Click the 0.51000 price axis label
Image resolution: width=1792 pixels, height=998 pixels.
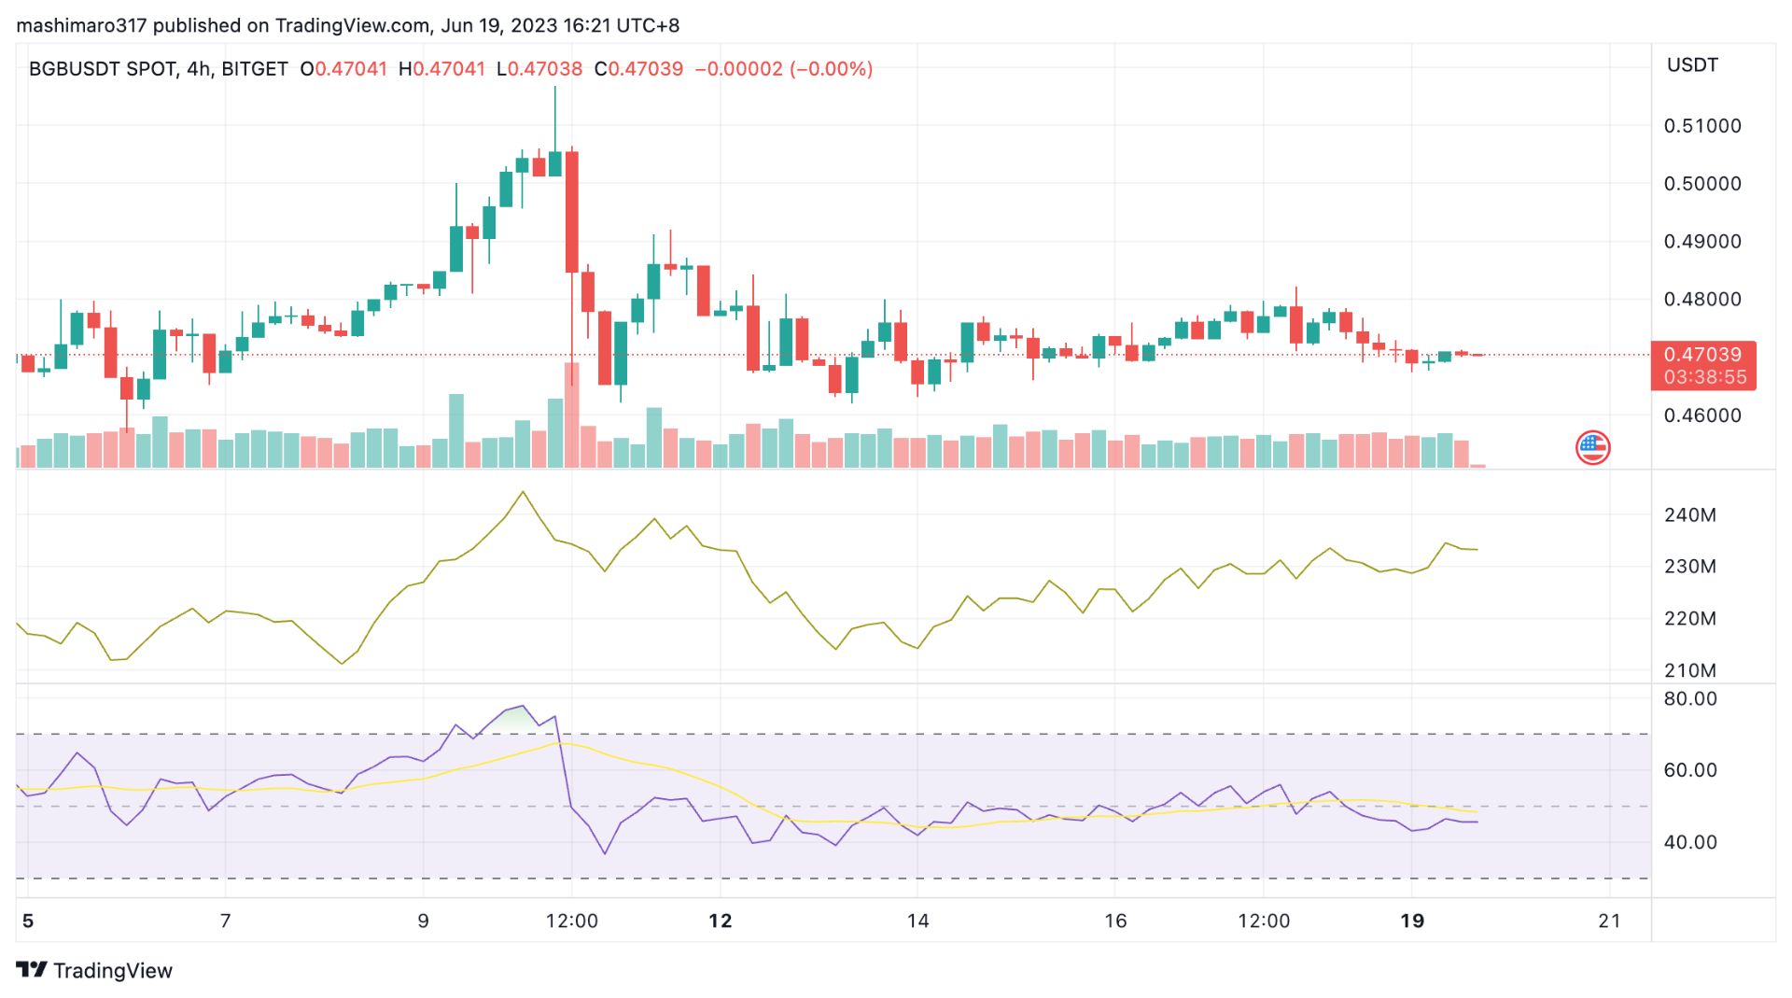tap(1701, 126)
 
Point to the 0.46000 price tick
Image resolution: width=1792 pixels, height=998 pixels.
tap(1701, 415)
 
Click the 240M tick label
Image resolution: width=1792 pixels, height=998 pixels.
tap(1689, 515)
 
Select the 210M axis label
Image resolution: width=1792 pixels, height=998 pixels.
tap(1689, 670)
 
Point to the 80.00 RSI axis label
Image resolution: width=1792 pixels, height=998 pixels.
tap(1689, 699)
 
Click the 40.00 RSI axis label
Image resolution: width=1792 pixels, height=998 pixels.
tap(1689, 842)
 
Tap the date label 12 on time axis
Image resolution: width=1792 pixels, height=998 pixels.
tap(720, 921)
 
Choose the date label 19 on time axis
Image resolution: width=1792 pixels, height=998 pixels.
tap(1412, 921)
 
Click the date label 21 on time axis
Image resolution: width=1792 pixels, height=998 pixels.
tap(1609, 921)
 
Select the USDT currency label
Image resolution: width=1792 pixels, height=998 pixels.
tap(1692, 65)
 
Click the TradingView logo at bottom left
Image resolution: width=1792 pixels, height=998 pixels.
tap(94, 971)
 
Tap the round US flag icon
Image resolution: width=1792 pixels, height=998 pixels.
tap(1592, 448)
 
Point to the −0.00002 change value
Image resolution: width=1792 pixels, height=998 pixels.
tap(738, 69)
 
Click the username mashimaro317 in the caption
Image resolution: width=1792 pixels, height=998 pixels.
tap(81, 25)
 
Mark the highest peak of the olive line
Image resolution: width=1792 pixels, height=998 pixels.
tap(523, 492)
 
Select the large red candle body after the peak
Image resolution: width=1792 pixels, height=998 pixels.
tap(572, 212)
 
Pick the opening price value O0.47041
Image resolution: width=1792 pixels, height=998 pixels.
tap(343, 69)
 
